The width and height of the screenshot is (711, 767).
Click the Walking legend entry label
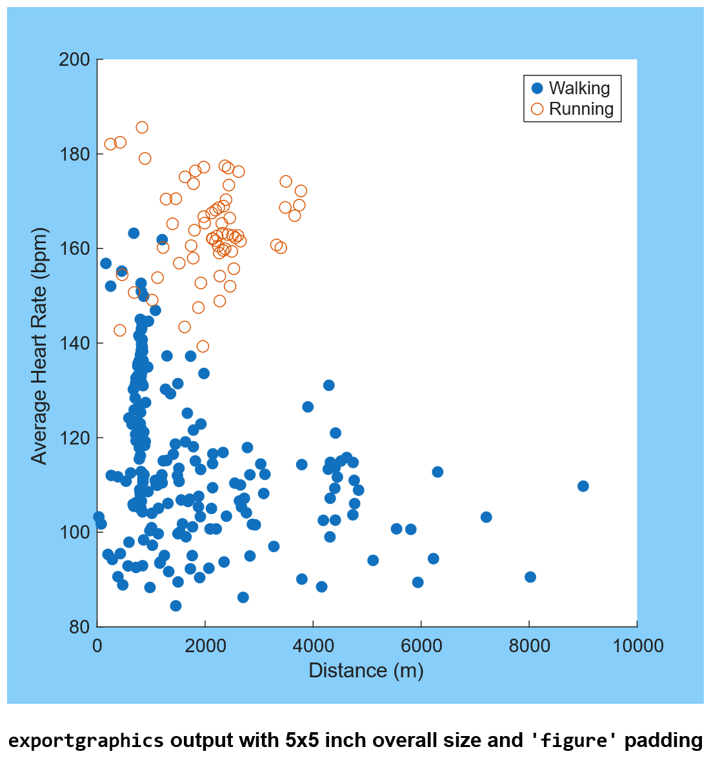click(579, 88)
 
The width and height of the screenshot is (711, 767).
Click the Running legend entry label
click(581, 109)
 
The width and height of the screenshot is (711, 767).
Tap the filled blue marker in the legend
click(537, 88)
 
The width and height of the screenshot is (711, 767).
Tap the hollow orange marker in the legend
click(537, 109)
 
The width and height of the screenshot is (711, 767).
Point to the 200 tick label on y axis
click(74, 60)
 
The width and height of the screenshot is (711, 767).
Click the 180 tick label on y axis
click(74, 155)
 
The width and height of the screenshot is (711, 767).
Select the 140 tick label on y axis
click(74, 344)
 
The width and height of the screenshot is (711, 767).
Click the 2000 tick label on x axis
click(205, 646)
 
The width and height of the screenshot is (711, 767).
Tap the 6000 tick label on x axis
click(421, 646)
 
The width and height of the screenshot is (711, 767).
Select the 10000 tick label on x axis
click(636, 646)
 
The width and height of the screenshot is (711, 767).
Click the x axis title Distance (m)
click(366, 671)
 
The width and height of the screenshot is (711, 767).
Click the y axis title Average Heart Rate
click(40, 345)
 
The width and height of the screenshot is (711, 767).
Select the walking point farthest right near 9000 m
click(583, 486)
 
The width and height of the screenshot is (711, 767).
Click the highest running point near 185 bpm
click(142, 127)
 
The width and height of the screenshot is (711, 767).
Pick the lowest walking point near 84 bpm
click(175, 606)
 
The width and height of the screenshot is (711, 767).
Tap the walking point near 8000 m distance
click(530, 577)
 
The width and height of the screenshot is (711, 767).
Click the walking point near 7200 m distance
click(486, 517)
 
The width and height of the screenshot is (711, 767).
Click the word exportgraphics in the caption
click(86, 740)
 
